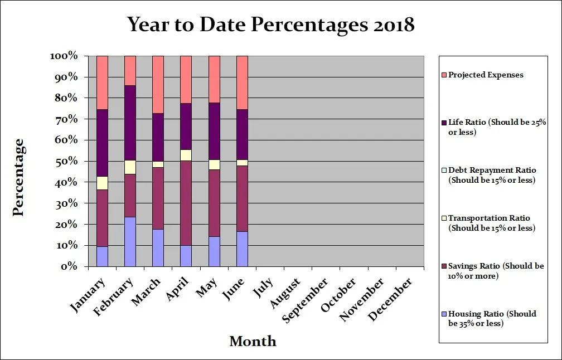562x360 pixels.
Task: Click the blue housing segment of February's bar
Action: pos(130,241)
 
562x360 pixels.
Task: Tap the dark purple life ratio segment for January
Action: pos(102,143)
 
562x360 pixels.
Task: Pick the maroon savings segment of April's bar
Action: pos(186,203)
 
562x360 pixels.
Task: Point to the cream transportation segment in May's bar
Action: pos(214,164)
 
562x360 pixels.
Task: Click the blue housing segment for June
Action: pos(242,249)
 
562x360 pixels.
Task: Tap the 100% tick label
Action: pos(64,56)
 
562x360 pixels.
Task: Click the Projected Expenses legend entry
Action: pos(485,75)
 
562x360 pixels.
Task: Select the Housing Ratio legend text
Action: pos(492,318)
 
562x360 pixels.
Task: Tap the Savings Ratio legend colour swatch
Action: pos(444,266)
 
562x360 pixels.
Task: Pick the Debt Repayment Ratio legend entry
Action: pos(491,175)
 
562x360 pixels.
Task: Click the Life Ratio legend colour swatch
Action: pos(444,121)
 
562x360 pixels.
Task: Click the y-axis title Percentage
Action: pos(18,177)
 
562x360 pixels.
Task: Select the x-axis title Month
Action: pos(253,341)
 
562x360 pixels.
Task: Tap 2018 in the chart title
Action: pos(391,25)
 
